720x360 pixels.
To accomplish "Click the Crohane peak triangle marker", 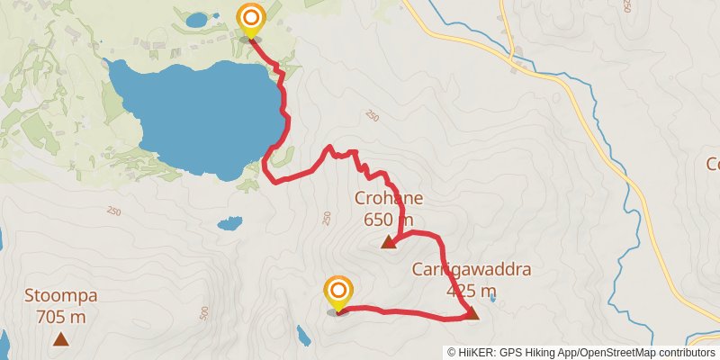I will click(389, 241).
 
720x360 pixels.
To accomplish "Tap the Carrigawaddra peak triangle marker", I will click(472, 313).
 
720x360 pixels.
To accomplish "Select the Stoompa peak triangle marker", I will click(61, 339).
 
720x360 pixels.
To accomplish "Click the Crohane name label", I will click(389, 199).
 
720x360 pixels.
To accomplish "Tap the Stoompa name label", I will click(61, 296).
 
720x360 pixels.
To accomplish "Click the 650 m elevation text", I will click(389, 220).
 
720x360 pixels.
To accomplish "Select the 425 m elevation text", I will click(472, 291).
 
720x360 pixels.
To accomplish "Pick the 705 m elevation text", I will click(61, 317).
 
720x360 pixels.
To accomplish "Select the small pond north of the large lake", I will click(195, 18).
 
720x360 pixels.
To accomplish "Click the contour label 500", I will click(203, 312).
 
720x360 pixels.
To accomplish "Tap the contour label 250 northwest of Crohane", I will click(373, 116).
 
